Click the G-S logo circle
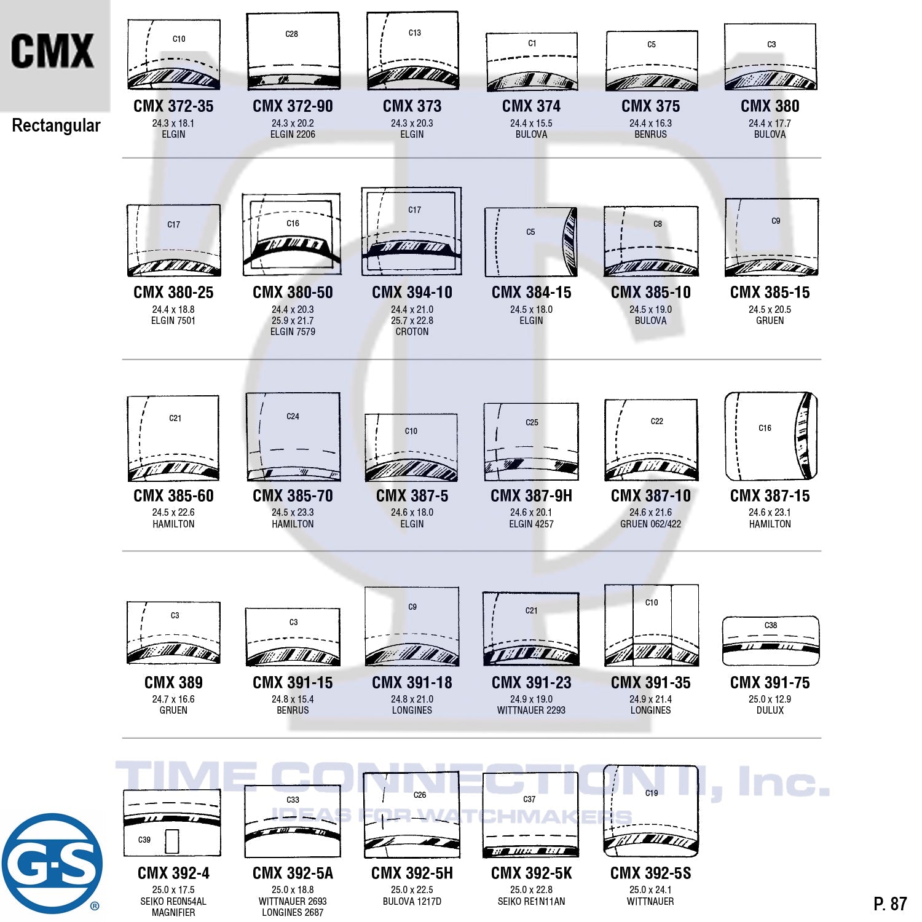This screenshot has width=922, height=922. pos(52,863)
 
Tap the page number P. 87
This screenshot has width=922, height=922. pos(890,904)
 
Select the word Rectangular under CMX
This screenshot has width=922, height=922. pos(56,126)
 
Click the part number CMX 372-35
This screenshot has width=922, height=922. pos(173,106)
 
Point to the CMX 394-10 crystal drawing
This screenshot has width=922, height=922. pos(412,231)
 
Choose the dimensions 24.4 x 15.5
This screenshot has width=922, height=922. pos(531,124)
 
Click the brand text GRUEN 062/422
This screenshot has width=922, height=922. pos(650,524)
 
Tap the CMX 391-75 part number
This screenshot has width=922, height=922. pos(770,683)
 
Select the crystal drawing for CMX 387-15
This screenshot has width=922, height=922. pos(771,436)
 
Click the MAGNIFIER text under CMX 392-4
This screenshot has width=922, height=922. pos(173,913)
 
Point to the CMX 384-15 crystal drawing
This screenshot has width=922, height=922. pos(531,242)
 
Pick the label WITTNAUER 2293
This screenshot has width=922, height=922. pos(531,711)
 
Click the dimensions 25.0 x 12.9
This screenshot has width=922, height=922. pos(770,699)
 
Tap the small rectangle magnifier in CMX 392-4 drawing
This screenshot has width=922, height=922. pos(172,841)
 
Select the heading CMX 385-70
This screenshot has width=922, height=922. pos(293,496)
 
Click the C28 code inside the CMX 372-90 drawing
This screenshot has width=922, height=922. pos(292,34)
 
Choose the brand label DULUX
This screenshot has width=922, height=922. pos(770,711)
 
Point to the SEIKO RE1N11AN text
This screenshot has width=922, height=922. pos(531,902)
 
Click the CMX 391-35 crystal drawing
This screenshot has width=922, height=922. pos(652,625)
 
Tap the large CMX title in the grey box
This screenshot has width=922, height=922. pos(52,51)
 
